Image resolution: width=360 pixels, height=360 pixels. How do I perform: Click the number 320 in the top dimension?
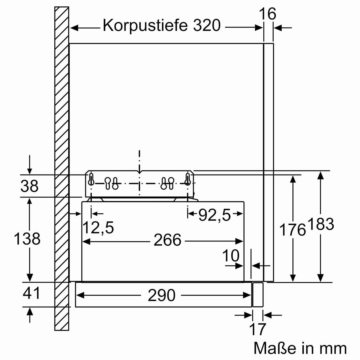[x=206, y=26]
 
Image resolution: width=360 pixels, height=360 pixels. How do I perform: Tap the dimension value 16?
[x=268, y=14]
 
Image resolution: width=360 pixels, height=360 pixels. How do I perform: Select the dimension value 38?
[x=29, y=186]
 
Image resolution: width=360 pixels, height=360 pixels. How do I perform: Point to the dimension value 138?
[x=27, y=239]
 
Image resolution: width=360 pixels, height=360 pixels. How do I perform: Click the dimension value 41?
[x=31, y=293]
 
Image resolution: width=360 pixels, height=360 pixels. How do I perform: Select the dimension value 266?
[x=167, y=240]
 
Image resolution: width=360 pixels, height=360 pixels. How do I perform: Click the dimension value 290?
[x=161, y=295]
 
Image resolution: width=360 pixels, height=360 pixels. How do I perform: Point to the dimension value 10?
[x=231, y=256]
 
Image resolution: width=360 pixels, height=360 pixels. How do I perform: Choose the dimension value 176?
[x=292, y=230]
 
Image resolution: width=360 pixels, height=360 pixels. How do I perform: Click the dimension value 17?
[x=258, y=329]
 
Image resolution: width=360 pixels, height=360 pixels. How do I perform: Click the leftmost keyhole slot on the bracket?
[x=91, y=180]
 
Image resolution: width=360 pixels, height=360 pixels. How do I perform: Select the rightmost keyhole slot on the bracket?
[x=188, y=180]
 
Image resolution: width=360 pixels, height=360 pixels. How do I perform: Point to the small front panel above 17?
[x=258, y=294]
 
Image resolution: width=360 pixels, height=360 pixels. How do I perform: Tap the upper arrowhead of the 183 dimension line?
[x=320, y=175]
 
